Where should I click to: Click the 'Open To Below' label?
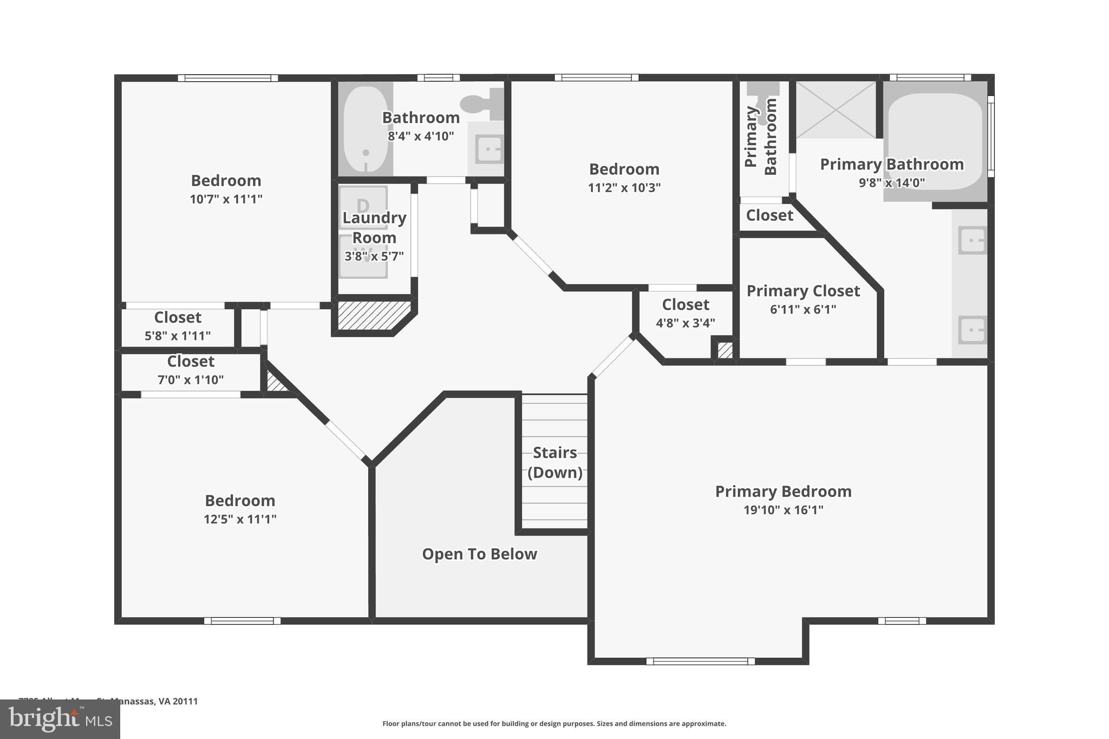[479, 554]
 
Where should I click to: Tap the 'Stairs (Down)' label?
[554, 462]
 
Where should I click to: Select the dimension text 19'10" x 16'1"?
[783, 509]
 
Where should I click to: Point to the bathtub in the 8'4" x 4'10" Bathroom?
[366, 130]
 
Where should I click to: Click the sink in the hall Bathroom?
[489, 148]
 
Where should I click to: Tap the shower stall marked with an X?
[836, 110]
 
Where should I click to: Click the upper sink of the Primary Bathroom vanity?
[972, 240]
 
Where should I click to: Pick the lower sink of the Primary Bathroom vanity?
[972, 330]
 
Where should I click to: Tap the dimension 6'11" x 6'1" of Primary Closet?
[803, 309]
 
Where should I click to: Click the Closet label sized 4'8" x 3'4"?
[685, 304]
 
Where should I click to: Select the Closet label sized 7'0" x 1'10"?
[191, 361]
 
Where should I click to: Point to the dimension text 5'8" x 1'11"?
[177, 336]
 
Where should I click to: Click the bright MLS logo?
[60, 719]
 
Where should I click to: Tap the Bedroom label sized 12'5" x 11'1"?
[240, 500]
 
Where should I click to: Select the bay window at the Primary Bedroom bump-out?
[700, 661]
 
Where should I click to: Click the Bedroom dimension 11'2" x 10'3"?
[624, 188]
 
